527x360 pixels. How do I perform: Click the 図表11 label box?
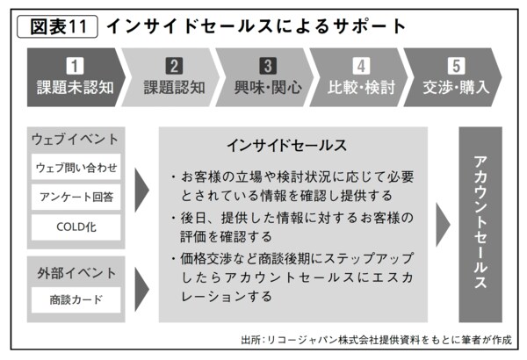click(57, 26)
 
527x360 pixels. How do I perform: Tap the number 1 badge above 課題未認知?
click(75, 66)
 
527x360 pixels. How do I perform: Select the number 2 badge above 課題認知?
click(174, 66)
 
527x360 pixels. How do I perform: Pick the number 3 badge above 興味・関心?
click(268, 66)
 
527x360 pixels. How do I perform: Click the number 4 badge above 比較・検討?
click(361, 66)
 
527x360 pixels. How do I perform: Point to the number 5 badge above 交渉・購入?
click(456, 66)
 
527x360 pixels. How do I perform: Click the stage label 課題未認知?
click(76, 88)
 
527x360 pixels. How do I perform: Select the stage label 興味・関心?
click(268, 88)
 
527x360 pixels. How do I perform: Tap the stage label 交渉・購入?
click(456, 88)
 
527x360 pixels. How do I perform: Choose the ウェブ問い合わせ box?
click(76, 167)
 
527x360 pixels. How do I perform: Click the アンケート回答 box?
click(76, 197)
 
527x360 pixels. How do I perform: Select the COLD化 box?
click(76, 227)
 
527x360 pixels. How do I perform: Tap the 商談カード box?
click(76, 299)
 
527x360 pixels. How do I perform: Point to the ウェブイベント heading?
click(75, 139)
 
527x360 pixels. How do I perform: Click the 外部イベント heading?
click(76, 273)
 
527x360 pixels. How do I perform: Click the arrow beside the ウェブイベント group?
click(141, 191)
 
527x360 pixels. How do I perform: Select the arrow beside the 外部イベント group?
click(141, 289)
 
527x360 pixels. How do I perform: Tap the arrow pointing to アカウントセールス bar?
click(443, 225)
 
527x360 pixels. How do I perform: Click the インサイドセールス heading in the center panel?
click(286, 146)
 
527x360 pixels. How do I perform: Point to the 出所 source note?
click(377, 340)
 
